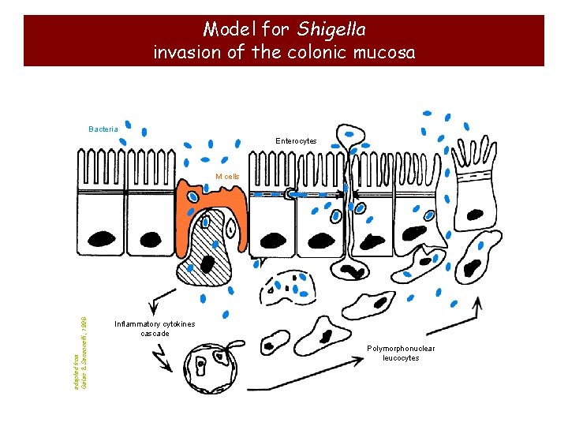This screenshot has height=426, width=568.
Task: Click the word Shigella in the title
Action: coord(331,29)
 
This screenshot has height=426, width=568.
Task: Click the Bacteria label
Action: coord(103,129)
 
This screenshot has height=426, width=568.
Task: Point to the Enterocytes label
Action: coord(296,141)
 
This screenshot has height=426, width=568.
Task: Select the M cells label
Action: coord(227,177)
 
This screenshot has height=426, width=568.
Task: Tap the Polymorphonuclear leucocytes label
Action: coord(401,353)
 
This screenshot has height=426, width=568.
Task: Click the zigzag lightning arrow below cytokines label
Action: coord(166,359)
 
